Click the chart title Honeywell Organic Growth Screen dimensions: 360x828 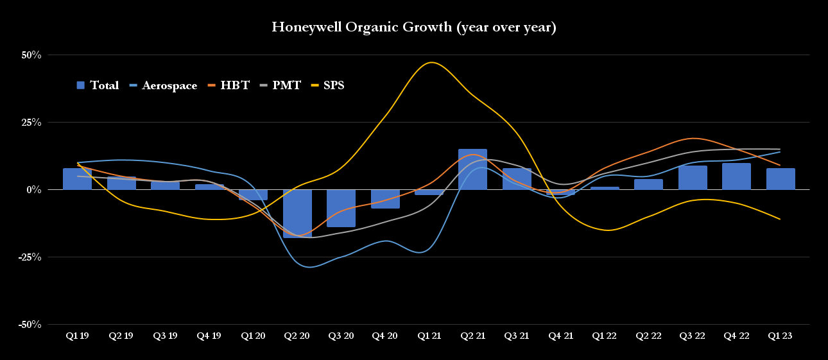[x=414, y=27]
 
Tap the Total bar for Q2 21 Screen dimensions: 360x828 [x=472, y=169]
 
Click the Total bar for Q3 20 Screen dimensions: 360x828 [x=341, y=208]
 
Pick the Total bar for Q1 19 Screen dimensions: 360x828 [x=77, y=179]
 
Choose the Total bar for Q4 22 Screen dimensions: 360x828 [x=736, y=176]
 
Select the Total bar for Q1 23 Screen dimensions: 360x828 [x=781, y=179]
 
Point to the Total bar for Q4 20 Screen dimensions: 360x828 [x=385, y=199]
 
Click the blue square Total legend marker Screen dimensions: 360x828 [x=81, y=85]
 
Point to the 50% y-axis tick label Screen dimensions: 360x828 [x=31, y=55]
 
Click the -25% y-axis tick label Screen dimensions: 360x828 [x=29, y=257]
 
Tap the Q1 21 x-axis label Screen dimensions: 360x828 [x=429, y=336]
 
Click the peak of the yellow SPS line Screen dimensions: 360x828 [x=431, y=62]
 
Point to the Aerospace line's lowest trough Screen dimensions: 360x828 [x=310, y=267]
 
